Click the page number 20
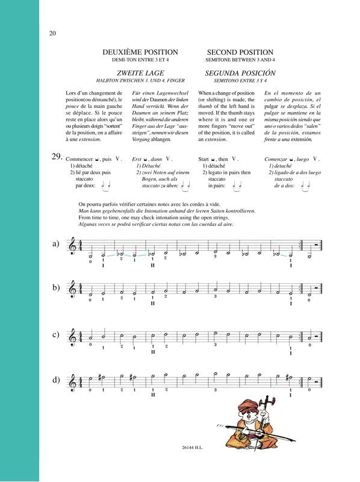tap(52, 33)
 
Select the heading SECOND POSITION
tap(240, 52)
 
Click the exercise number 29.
tap(57, 157)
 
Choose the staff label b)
tap(55, 287)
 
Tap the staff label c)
tap(55, 334)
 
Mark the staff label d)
tap(55, 380)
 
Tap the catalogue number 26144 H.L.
tap(179, 465)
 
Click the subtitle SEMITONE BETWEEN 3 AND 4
tap(240, 61)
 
